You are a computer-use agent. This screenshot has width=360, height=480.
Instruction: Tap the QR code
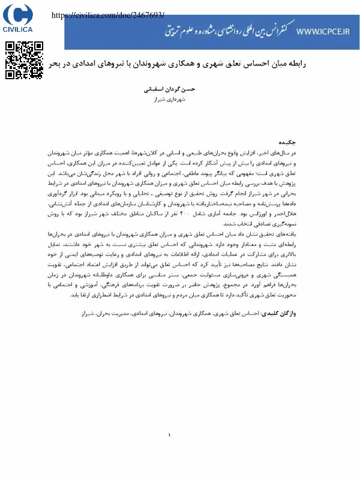[x=24, y=60]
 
